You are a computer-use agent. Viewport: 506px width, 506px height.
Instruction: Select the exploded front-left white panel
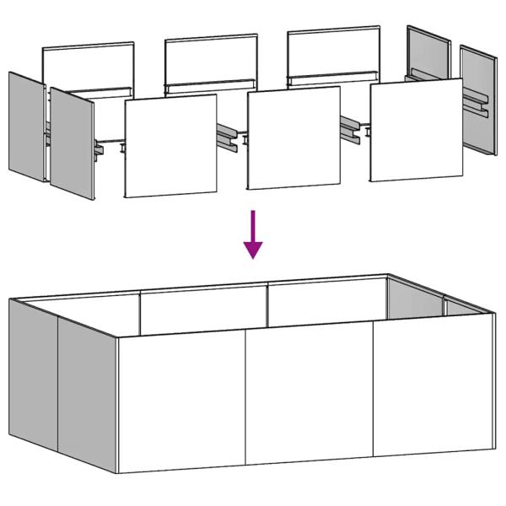[x=170, y=145]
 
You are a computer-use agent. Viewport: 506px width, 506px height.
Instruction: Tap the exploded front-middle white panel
[x=293, y=137]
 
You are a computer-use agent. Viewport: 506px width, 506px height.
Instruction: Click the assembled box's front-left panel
[x=181, y=401]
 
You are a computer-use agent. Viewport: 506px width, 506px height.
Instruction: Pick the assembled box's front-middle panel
[x=309, y=393]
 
